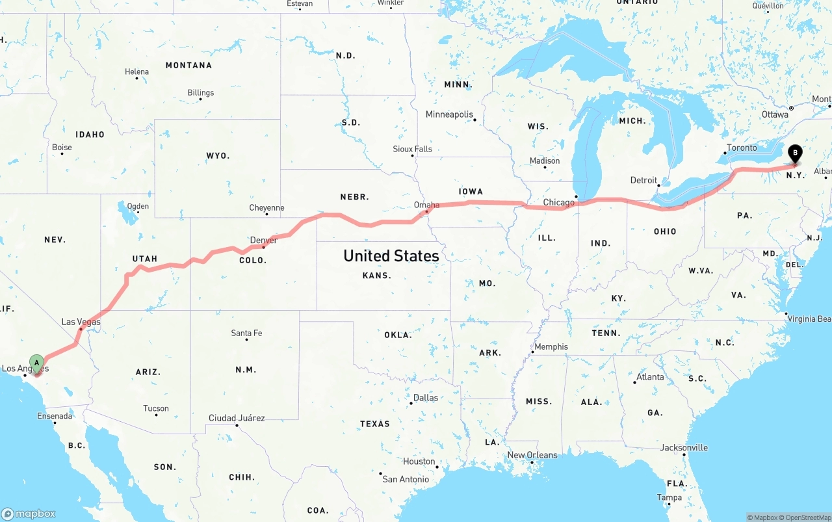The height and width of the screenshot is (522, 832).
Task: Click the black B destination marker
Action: [x=794, y=153]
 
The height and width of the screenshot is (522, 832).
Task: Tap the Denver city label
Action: [x=263, y=240]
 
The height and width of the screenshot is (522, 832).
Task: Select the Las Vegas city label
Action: [x=81, y=322]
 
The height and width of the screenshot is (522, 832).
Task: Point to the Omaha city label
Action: [x=426, y=205]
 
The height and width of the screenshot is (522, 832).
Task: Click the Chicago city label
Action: [x=558, y=202]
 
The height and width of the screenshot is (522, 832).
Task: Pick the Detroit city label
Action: [x=643, y=180]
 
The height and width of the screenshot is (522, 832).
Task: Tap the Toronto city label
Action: [x=742, y=148]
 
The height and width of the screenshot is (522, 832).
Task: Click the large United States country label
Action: [x=391, y=255]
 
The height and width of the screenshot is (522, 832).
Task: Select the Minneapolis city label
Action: [x=449, y=114]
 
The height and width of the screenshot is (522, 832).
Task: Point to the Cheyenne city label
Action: [x=266, y=208]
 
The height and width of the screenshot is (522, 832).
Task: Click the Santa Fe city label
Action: [x=246, y=333]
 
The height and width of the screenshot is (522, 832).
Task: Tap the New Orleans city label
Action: [x=532, y=455]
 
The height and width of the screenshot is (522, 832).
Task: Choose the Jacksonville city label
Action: [x=684, y=447]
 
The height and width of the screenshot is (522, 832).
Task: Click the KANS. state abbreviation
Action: [x=377, y=275]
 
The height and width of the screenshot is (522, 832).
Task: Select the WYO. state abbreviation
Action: [x=218, y=156]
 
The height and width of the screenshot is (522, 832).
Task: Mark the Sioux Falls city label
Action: [x=412, y=149]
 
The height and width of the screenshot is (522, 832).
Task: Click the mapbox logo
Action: [x=29, y=514]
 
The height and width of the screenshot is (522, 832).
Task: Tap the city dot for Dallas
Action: [x=411, y=403]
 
